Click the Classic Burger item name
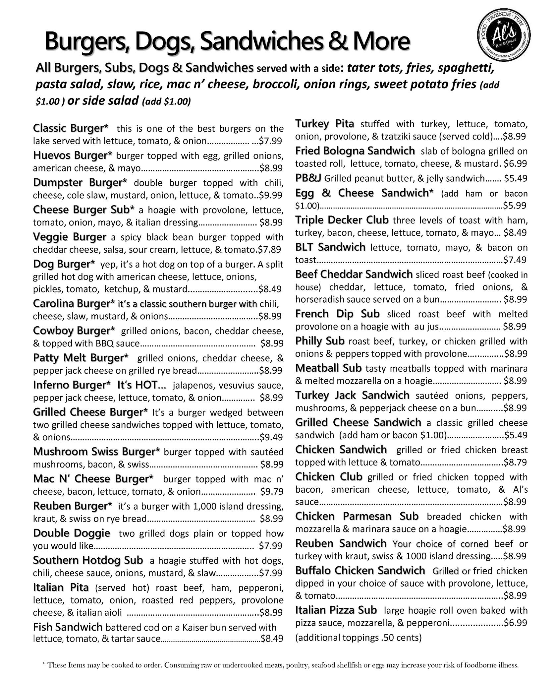point(71,128)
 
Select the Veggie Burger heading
point(70,237)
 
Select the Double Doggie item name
point(72,533)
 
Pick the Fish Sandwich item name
point(68,627)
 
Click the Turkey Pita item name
point(324,124)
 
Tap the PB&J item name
point(308,178)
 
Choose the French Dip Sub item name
point(337,314)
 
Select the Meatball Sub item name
point(328,368)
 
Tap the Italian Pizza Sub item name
point(336,610)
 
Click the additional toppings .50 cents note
point(358,638)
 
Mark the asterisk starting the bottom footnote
point(44,664)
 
